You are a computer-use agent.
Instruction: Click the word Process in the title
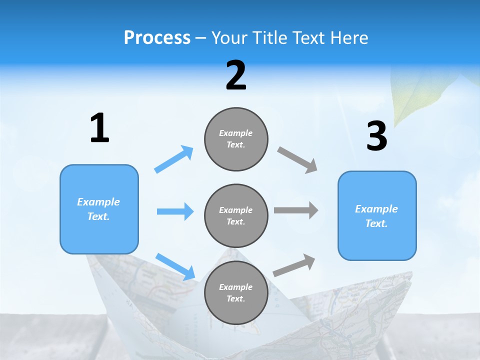pos(157,38)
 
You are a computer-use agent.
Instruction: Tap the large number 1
pos(99,128)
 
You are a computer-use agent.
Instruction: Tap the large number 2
pos(236,75)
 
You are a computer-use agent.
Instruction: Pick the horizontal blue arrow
pos(175,211)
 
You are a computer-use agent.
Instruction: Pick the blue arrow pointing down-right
pos(175,266)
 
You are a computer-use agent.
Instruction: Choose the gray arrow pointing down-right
pos(297,159)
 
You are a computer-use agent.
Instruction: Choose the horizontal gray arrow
pos(296,210)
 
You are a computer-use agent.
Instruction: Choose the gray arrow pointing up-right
pos(294,265)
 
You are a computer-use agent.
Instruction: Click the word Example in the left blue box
pos(98,202)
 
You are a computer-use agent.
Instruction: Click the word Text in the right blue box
pos(376,223)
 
